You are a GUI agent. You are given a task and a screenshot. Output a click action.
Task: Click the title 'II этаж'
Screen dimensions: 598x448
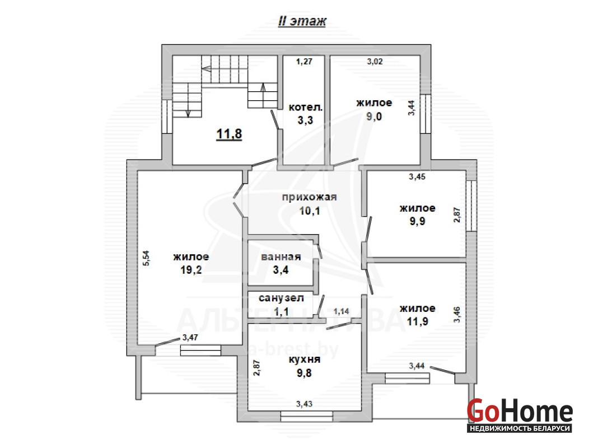(302, 21)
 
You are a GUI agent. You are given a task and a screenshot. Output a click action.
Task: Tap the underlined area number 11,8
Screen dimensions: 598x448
(229, 134)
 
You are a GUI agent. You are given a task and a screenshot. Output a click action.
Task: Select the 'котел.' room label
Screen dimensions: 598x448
(306, 107)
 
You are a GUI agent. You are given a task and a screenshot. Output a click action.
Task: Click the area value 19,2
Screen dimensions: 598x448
(191, 270)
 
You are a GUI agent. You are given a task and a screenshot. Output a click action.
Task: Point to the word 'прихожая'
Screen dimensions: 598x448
(309, 197)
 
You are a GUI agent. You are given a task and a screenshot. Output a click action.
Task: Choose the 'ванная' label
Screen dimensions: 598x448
(281, 257)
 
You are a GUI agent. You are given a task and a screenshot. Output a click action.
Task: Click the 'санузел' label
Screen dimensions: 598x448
(281, 298)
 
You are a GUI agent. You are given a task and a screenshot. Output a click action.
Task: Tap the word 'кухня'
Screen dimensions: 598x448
(305, 359)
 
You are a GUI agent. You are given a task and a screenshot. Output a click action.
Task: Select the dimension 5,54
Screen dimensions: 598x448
(147, 258)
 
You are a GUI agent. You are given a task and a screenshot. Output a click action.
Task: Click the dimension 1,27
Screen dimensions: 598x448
(305, 62)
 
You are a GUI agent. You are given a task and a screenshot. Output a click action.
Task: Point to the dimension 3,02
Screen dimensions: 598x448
(375, 62)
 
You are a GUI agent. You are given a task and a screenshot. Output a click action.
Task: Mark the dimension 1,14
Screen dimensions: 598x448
(342, 311)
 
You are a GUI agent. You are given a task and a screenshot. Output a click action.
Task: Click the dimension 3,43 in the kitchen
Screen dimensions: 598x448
(305, 404)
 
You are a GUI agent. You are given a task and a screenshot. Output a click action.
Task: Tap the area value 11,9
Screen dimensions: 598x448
(418, 321)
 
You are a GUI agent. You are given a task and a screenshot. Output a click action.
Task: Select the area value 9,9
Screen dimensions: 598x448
(418, 221)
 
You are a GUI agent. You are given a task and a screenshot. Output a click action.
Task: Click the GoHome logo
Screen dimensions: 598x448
(520, 415)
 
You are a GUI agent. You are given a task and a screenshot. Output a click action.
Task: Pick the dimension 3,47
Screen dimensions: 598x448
(190, 338)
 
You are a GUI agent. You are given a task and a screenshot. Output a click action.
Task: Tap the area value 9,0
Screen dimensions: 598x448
(374, 116)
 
